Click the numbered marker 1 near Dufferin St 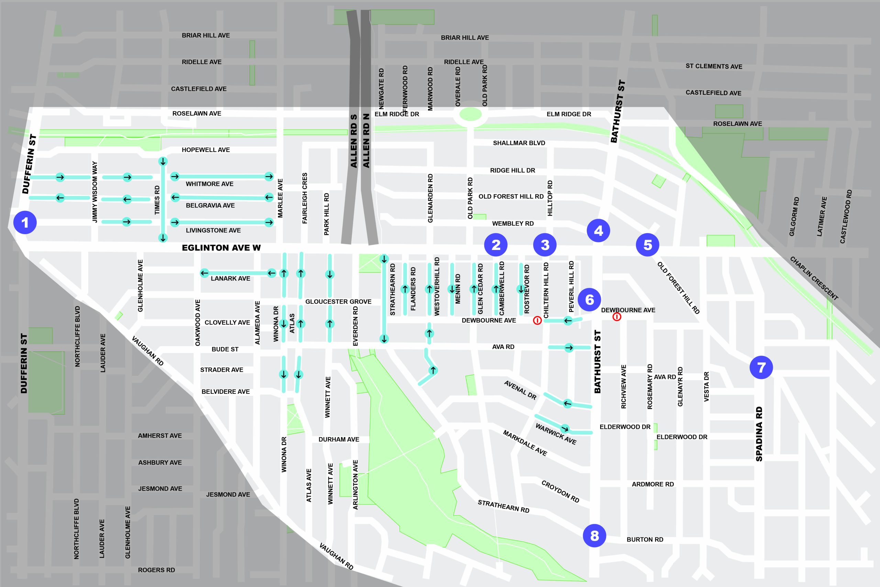[x=25, y=222]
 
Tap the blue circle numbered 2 [x=496, y=245]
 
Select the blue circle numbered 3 [x=545, y=245]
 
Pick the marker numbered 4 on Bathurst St [x=598, y=231]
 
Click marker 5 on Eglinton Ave [x=648, y=245]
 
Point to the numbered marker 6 [x=589, y=300]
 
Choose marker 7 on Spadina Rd [x=761, y=367]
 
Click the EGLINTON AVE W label [x=221, y=248]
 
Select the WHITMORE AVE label [x=210, y=184]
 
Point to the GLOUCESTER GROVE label [x=338, y=302]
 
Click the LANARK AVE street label [x=230, y=279]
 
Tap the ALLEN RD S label [x=354, y=141]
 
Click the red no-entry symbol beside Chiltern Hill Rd [x=537, y=320]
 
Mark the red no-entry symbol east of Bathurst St [x=617, y=317]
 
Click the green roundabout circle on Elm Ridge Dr [x=470, y=115]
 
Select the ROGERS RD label [x=156, y=570]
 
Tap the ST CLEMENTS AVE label [x=714, y=66]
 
